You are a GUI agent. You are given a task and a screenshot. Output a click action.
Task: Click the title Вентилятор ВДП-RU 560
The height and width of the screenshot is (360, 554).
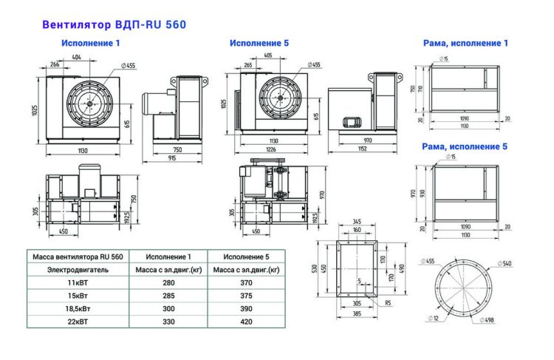(114, 24)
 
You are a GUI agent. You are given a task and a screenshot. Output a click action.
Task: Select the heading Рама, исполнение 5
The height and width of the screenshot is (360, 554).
(465, 146)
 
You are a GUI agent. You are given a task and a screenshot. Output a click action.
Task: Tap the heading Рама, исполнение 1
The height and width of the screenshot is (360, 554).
(465, 44)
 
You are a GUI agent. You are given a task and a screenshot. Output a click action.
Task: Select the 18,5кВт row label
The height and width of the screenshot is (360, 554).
(79, 308)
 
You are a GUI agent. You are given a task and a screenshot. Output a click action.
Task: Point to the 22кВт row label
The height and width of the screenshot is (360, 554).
(79, 322)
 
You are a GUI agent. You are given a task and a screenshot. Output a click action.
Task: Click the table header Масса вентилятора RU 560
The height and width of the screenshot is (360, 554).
(78, 257)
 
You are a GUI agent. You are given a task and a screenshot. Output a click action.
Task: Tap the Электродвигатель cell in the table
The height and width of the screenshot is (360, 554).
(78, 270)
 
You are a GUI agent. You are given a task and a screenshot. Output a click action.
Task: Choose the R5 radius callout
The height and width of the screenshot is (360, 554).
(388, 302)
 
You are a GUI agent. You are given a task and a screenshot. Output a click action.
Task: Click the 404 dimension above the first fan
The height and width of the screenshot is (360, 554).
(77, 56)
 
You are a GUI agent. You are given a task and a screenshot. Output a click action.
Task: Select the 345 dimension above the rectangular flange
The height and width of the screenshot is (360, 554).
(357, 221)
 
